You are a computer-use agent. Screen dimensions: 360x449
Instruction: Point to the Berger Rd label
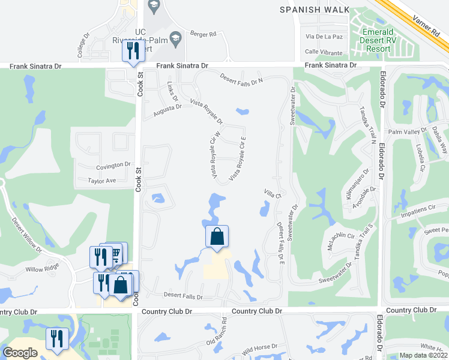[202, 34]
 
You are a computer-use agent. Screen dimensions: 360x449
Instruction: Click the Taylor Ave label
[101, 181]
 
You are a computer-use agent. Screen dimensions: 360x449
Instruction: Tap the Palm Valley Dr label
[407, 130]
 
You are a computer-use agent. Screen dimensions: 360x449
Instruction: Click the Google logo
[20, 353]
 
